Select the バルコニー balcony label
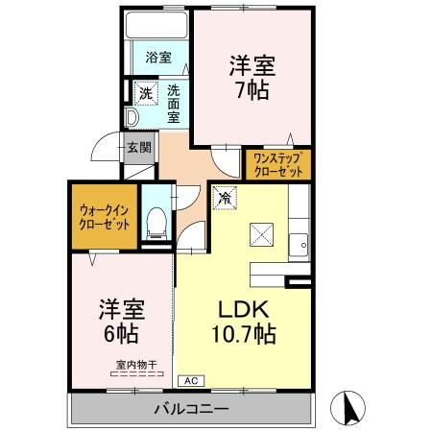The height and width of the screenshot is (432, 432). [191, 410]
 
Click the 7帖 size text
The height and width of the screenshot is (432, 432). [252, 90]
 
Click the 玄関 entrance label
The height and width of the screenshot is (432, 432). [137, 148]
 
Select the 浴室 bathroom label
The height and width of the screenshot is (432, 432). [157, 58]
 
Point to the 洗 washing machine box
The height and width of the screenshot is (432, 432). [145, 94]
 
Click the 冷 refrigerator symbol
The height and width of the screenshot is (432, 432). [224, 198]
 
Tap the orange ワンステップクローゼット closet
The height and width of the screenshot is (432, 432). [277, 163]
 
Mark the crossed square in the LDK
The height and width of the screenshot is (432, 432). [262, 234]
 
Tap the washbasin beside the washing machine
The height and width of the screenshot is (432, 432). [132, 119]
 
